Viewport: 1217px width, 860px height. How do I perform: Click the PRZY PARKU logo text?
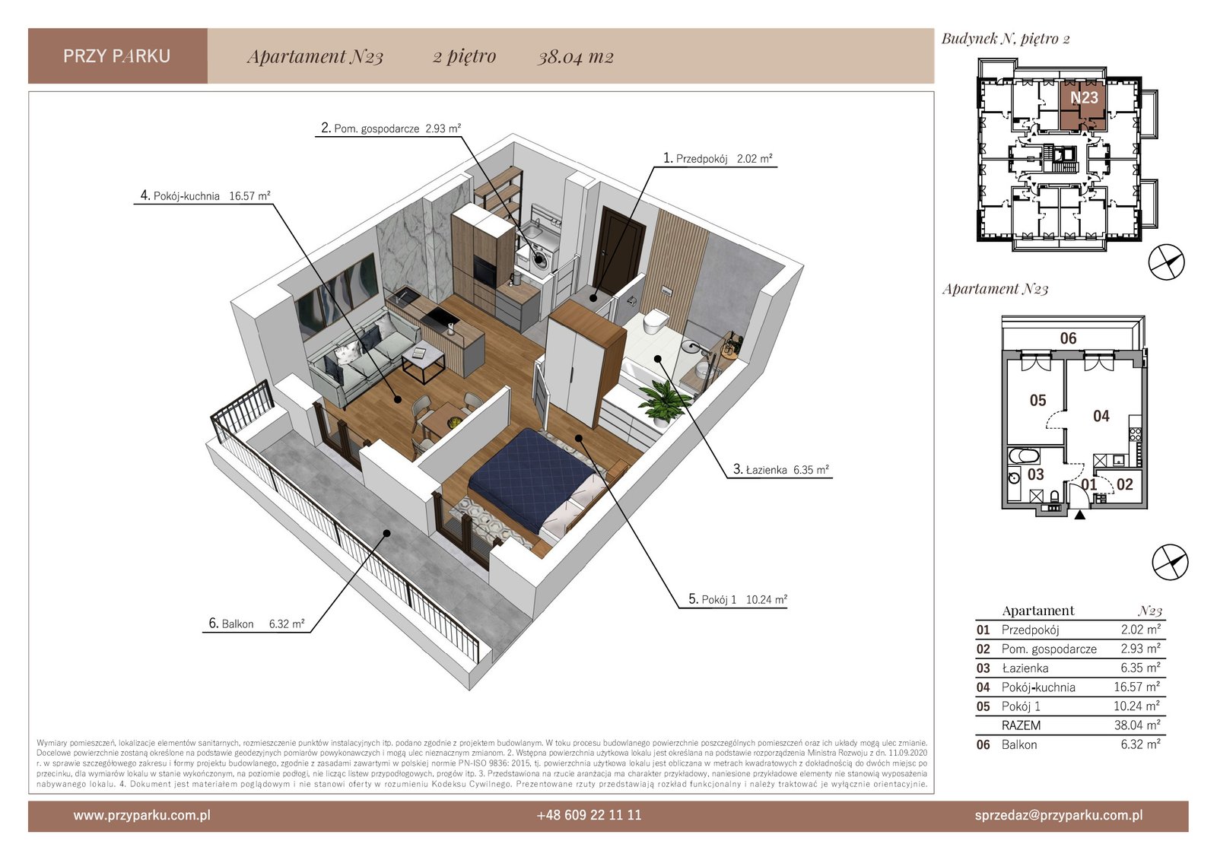117,56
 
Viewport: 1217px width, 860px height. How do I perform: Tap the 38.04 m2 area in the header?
575,56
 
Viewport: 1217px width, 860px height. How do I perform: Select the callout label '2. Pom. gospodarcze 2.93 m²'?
391,129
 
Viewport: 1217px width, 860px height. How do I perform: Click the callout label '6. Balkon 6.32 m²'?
256,624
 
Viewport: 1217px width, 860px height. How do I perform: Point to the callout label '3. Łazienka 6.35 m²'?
780,469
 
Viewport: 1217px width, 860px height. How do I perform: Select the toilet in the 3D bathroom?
654,322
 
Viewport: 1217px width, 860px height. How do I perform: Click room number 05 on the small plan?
1037,401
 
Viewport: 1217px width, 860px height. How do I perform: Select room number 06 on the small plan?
1068,338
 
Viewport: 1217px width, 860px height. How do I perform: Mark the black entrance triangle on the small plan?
1080,515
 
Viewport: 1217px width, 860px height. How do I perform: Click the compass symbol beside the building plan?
1166,263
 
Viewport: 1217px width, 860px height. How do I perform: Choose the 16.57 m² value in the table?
1136,687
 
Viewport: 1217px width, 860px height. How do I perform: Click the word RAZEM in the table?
1021,725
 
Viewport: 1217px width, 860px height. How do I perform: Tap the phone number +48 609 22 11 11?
589,815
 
